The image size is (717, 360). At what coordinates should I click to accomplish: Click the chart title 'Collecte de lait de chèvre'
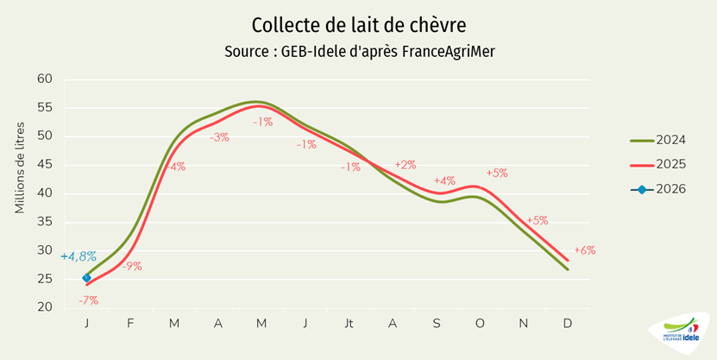[358, 24]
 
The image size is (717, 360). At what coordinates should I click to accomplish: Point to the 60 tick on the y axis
[44, 79]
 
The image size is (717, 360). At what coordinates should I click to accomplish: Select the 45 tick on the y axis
[44, 165]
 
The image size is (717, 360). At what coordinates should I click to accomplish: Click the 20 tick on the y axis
[44, 307]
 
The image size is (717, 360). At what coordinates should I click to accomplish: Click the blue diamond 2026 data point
[86, 278]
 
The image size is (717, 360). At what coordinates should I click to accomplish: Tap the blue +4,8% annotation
[78, 256]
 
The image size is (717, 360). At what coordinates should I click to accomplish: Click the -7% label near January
[88, 300]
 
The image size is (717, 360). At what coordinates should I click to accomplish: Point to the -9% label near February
[132, 266]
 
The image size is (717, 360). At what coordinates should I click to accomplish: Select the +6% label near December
[584, 250]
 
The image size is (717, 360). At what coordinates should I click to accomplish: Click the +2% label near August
[405, 165]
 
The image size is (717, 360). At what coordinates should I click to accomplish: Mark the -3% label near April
[219, 137]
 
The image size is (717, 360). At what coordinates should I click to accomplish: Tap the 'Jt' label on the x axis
[349, 323]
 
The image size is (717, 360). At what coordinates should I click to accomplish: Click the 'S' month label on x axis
[437, 323]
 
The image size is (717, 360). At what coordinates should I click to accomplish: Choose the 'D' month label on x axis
[567, 323]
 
